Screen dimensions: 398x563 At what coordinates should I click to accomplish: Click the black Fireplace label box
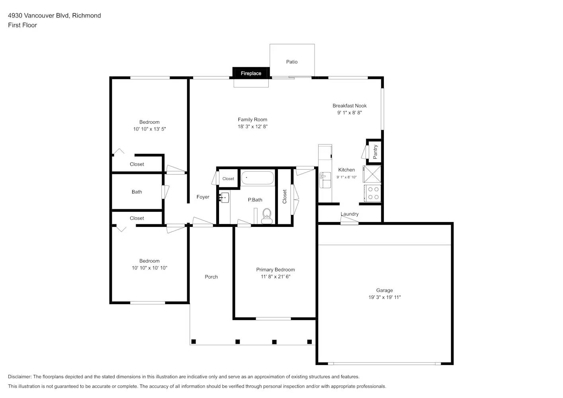251,73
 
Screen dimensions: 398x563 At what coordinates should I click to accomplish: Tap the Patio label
292,62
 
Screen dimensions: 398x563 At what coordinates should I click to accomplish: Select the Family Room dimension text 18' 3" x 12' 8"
252,127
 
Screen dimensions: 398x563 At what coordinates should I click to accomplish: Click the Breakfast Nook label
350,105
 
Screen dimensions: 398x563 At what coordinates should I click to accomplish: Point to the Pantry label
375,152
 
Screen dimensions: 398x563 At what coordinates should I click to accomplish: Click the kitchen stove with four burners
373,193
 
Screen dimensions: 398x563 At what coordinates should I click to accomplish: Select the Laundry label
350,214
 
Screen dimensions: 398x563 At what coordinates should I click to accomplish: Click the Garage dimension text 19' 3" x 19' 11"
384,297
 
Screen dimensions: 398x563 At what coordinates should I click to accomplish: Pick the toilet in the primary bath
266,216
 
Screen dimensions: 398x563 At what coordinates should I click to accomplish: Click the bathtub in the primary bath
257,178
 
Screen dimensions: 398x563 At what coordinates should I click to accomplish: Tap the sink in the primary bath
224,197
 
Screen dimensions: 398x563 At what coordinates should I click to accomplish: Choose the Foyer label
203,197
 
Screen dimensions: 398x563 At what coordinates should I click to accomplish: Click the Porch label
211,277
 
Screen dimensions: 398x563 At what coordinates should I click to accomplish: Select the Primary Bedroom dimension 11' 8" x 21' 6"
276,277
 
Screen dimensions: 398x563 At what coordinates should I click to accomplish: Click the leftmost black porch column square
194,341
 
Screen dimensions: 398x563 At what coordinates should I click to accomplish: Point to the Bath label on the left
137,192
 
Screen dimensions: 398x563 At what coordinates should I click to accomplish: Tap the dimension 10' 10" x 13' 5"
149,129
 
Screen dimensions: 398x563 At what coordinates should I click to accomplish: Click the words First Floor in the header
22,25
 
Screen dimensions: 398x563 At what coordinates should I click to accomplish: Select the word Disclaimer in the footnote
20,377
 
